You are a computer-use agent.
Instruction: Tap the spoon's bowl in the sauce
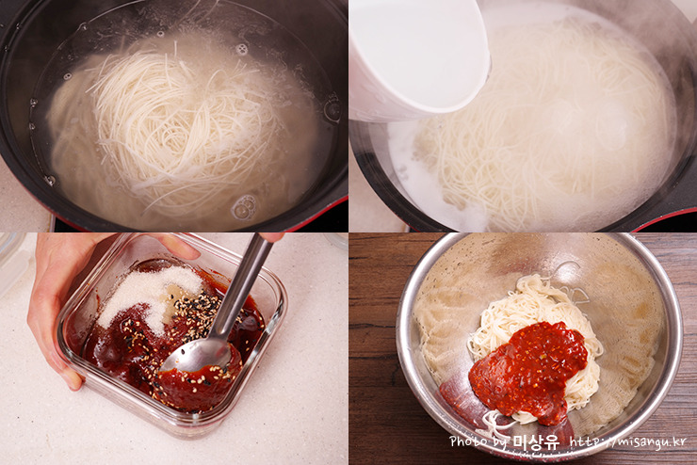click(x=196, y=355)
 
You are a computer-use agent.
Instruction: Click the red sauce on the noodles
click(x=529, y=369)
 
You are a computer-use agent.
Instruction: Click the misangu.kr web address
click(x=628, y=441)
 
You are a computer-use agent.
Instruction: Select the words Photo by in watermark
click(x=478, y=441)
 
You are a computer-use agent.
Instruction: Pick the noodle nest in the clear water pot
click(x=178, y=129)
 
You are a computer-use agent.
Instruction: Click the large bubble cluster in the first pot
click(x=245, y=208)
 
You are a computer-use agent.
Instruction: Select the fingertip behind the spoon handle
click(x=272, y=237)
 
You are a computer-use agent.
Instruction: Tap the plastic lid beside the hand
click(x=11, y=262)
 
